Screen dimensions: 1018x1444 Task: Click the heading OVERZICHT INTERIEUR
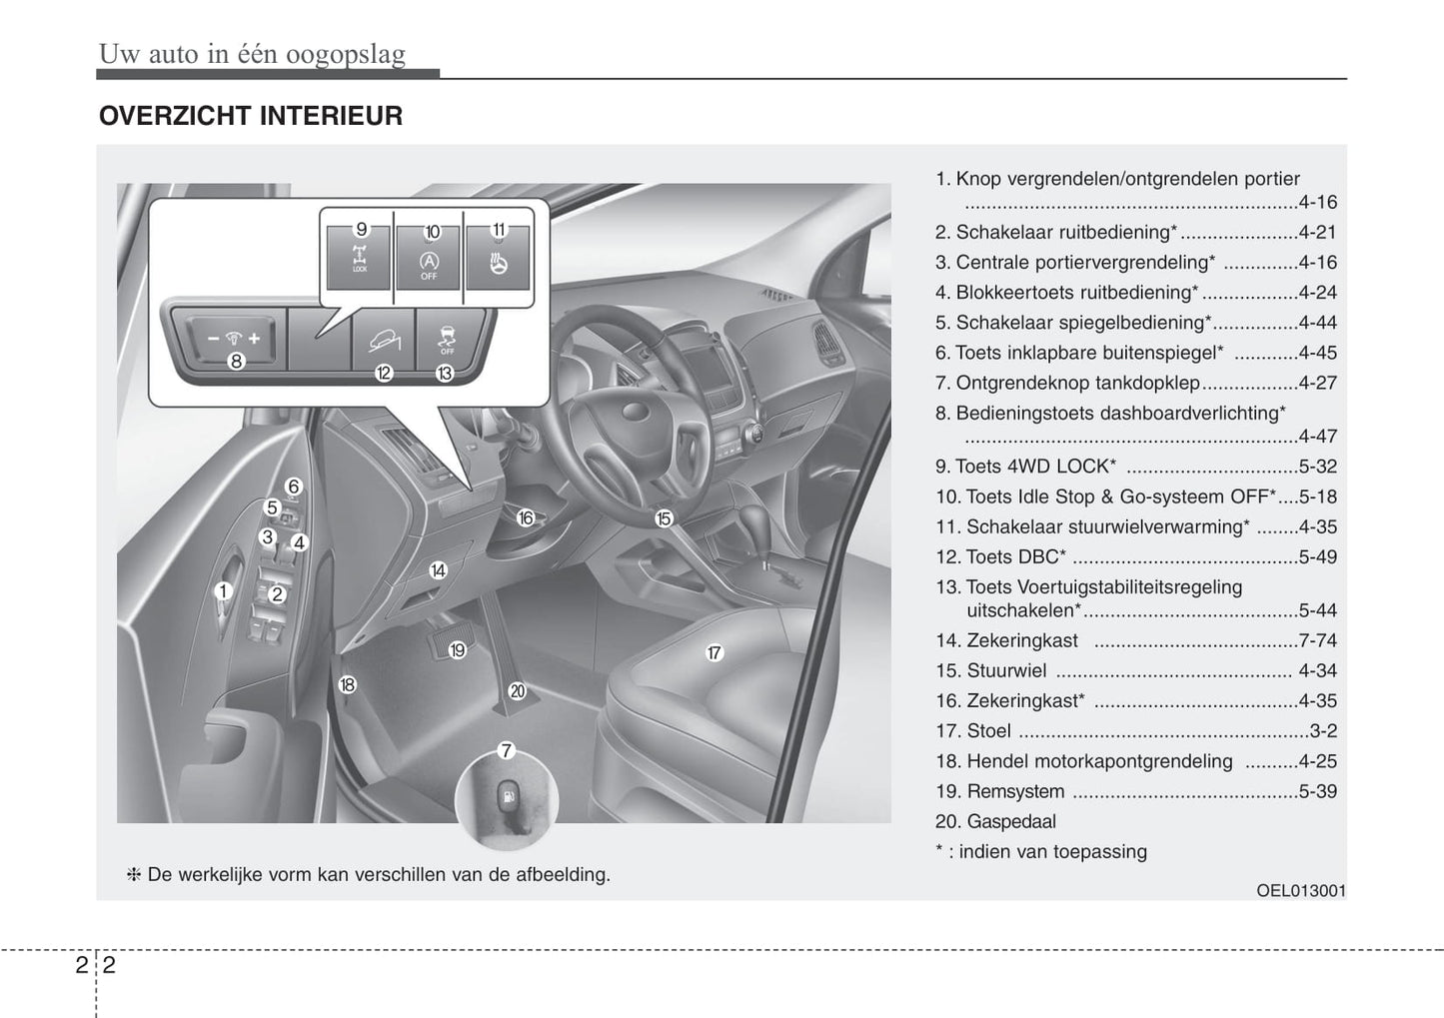click(x=250, y=116)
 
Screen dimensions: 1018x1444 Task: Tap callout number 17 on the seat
click(x=715, y=653)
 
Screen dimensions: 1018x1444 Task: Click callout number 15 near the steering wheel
click(x=664, y=518)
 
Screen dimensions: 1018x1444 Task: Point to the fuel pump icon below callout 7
click(x=507, y=797)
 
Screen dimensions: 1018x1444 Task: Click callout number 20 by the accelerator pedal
click(x=517, y=690)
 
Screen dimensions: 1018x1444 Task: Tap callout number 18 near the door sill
click(x=347, y=685)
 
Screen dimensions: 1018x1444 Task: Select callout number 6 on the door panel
click(x=293, y=487)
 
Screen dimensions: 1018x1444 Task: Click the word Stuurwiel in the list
click(x=1006, y=671)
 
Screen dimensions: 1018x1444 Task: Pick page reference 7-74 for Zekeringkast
click(x=1317, y=641)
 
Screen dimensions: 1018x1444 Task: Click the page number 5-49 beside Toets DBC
click(x=1317, y=557)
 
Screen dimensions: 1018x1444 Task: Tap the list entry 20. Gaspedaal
click(x=995, y=822)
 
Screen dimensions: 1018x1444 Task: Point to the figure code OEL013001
click(x=1301, y=890)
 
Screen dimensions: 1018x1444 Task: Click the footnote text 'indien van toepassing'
click(x=1052, y=852)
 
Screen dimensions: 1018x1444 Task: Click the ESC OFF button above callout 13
click(x=447, y=338)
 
